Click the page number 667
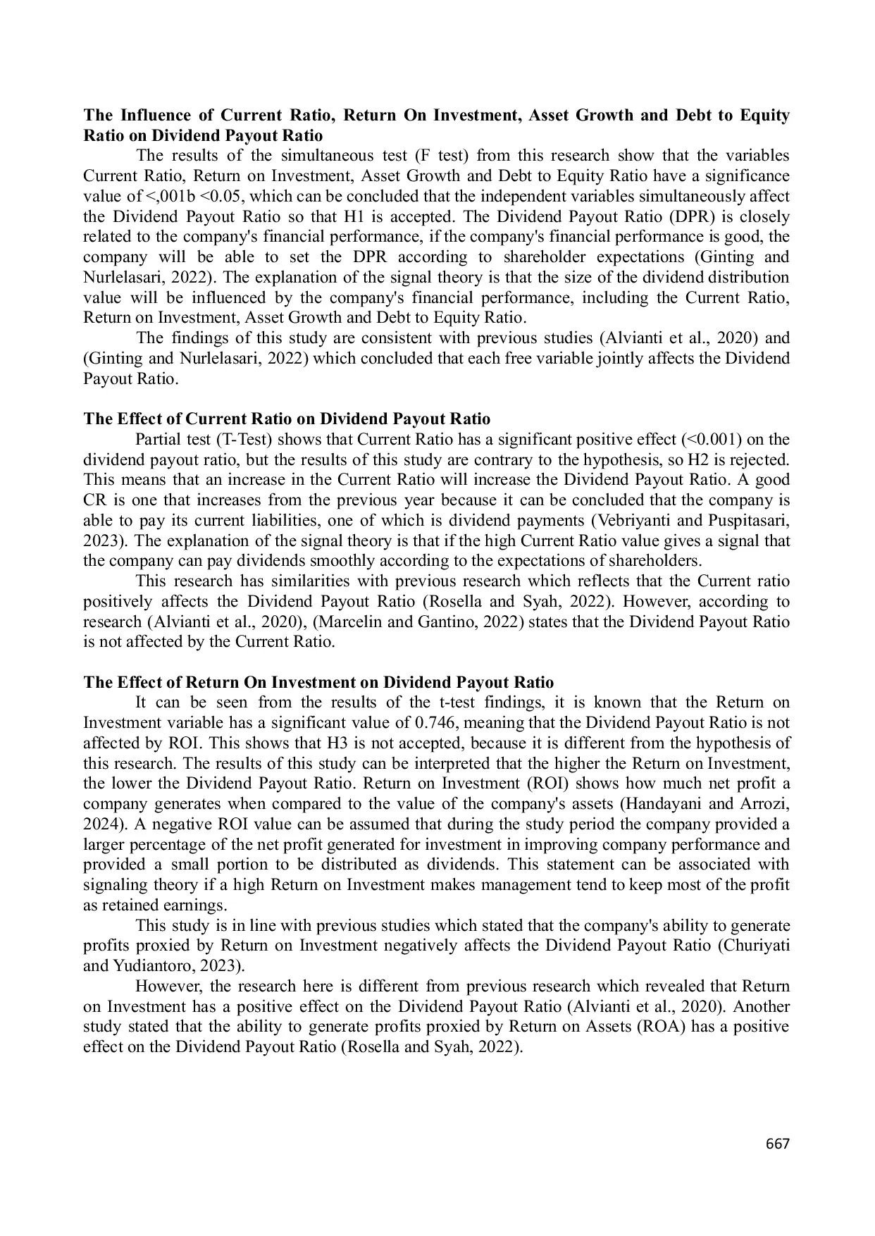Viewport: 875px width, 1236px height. click(777, 1143)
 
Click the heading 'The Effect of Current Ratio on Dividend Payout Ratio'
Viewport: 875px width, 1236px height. click(287, 419)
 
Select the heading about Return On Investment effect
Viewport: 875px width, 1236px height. click(318, 683)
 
